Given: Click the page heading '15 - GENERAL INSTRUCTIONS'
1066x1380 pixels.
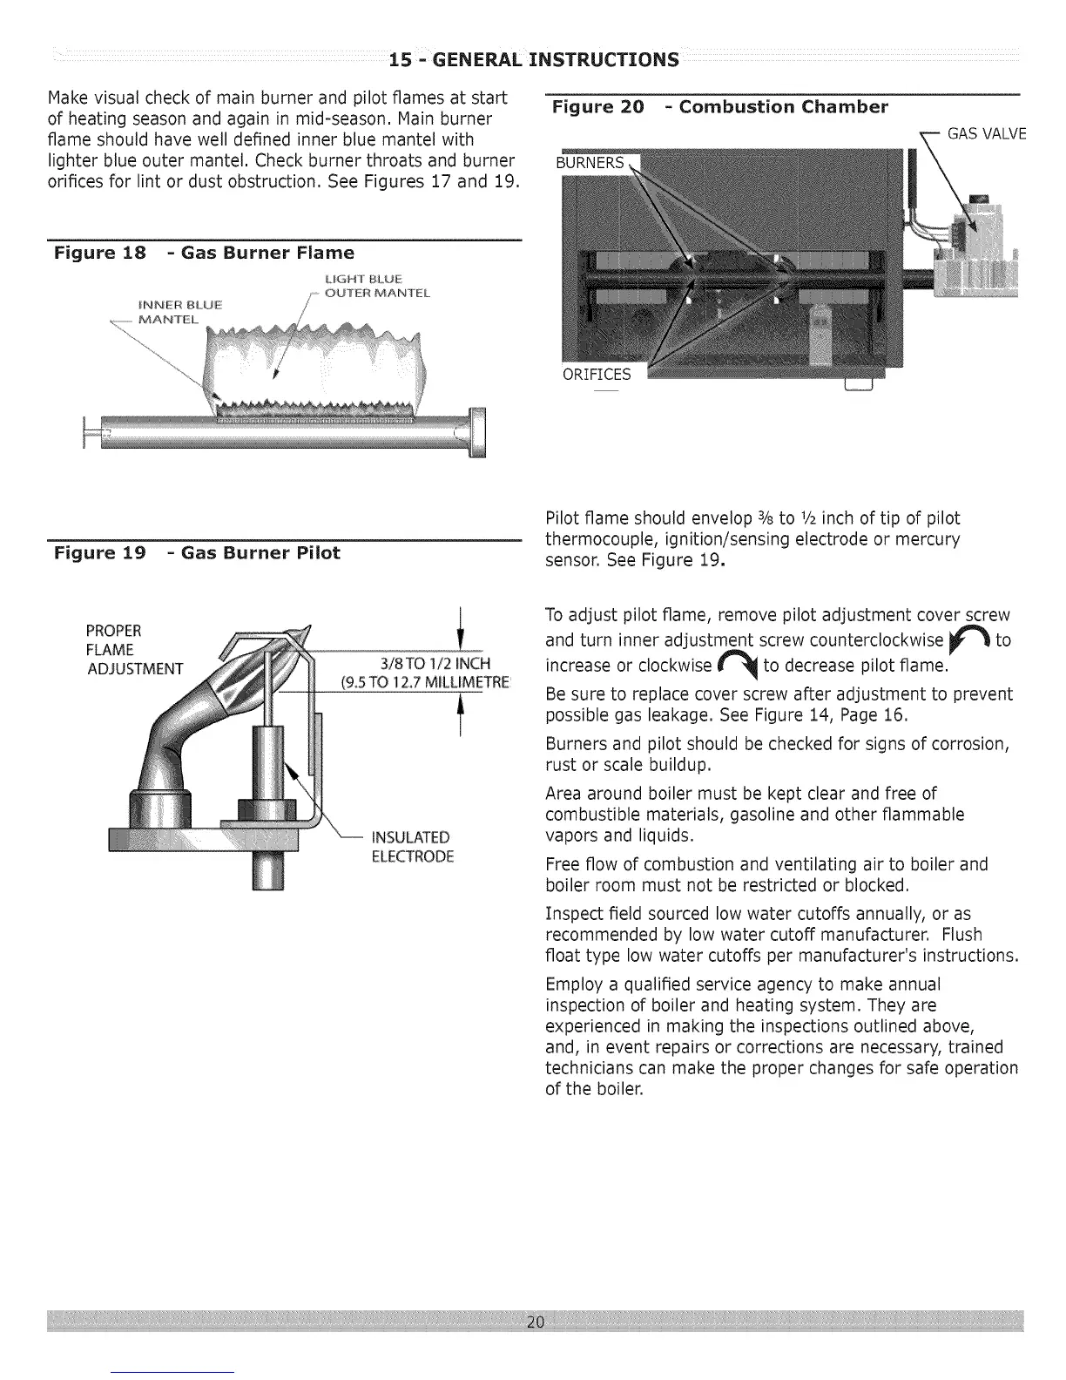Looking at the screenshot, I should click(x=533, y=59).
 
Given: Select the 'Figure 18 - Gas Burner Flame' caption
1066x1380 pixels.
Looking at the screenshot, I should click(x=204, y=253).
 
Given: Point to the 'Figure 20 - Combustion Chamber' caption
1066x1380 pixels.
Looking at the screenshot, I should click(x=720, y=107).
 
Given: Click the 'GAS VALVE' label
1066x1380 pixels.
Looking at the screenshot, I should click(x=987, y=133).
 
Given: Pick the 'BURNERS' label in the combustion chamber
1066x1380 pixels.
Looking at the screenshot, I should click(x=591, y=163).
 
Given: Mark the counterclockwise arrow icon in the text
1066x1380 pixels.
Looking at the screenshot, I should click(x=969, y=640).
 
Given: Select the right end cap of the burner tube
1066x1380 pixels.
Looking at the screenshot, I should click(x=477, y=431).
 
